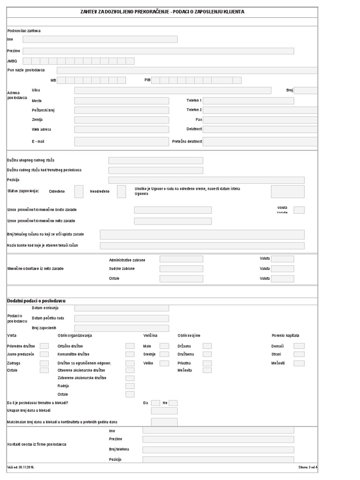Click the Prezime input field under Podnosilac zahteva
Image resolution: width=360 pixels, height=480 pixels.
pyautogui.click(x=158, y=51)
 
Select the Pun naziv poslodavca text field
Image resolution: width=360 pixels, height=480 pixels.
pyautogui.click(x=187, y=70)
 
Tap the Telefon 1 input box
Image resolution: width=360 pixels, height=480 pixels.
pyautogui.click(x=248, y=101)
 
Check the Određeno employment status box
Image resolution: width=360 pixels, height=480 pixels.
pyautogui.click(x=79, y=191)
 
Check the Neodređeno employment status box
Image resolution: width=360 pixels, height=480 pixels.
pyautogui.click(x=121, y=191)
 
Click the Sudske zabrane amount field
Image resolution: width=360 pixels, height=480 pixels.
pyautogui.click(x=181, y=269)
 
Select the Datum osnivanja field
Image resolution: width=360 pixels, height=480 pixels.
pyautogui.click(x=121, y=308)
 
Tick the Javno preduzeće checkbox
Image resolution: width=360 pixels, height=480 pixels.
pyautogui.click(x=44, y=354)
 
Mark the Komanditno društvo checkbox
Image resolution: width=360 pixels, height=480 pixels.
pyautogui.click(x=130, y=354)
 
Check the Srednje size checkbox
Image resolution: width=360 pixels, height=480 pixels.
pyautogui.click(x=164, y=354)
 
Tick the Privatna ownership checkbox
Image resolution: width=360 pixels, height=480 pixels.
pyautogui.click(x=207, y=363)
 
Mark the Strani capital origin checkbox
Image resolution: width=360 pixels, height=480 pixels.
pyautogui.click(x=299, y=354)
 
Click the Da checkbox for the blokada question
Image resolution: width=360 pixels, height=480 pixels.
pyautogui.click(x=156, y=403)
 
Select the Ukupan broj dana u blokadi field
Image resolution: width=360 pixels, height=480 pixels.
pyautogui.click(x=164, y=411)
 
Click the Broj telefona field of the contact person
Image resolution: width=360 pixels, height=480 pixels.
pyautogui.click(x=218, y=450)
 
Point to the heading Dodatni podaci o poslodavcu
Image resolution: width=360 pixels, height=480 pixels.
pyautogui.click(x=36, y=300)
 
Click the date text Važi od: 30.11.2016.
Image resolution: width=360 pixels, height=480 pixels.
pyautogui.click(x=21, y=467)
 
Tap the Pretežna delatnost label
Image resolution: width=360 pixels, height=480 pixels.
pyautogui.click(x=187, y=141)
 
